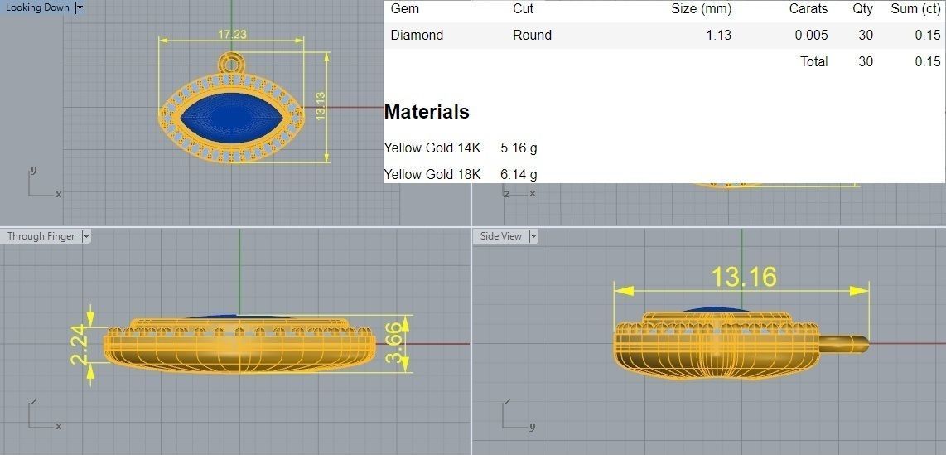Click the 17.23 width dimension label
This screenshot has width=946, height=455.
point(232,35)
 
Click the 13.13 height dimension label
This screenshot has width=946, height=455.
point(320,106)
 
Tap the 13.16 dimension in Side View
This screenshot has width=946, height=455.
point(744,277)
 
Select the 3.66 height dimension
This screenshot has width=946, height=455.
point(398,344)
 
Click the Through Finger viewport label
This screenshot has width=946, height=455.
point(41,236)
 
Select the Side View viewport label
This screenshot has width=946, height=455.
point(501,236)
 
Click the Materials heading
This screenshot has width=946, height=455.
point(427,112)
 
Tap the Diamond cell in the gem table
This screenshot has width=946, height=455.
point(417,35)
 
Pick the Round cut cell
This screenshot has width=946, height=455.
point(532,35)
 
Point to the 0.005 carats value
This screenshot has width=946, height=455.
point(811,35)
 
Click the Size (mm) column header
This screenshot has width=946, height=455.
point(701,9)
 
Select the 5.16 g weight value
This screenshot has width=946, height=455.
point(519,148)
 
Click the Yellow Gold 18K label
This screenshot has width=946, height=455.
point(432,174)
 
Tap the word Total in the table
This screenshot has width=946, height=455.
point(813,61)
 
